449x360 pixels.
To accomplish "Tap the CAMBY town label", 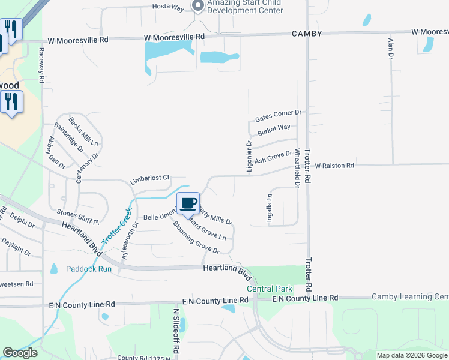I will pyautogui.click(x=307, y=33).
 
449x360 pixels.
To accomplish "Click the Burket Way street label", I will pyautogui.click(x=274, y=129).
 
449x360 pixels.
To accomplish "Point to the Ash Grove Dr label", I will pyautogui.click(x=273, y=158).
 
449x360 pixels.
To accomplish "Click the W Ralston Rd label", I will pyautogui.click(x=334, y=165).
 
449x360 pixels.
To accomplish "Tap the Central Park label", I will pyautogui.click(x=269, y=289).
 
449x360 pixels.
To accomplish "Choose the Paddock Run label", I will pyautogui.click(x=89, y=269).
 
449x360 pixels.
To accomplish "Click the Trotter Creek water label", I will pyautogui.click(x=116, y=226).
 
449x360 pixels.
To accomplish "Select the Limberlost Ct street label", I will pyautogui.click(x=151, y=179).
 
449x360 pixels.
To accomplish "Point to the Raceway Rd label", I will pyautogui.click(x=41, y=65).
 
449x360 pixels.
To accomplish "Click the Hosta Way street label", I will pyautogui.click(x=167, y=7).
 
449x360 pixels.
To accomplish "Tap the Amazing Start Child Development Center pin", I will pyautogui.click(x=198, y=6).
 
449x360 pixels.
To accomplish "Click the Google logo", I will pyautogui.click(x=20, y=353).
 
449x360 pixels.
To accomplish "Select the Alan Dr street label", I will pyautogui.click(x=391, y=47).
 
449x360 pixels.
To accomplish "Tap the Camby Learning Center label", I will pyautogui.click(x=410, y=296).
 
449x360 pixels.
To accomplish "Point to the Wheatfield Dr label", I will pyautogui.click(x=297, y=167).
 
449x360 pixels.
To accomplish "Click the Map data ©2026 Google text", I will pyautogui.click(x=412, y=355).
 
